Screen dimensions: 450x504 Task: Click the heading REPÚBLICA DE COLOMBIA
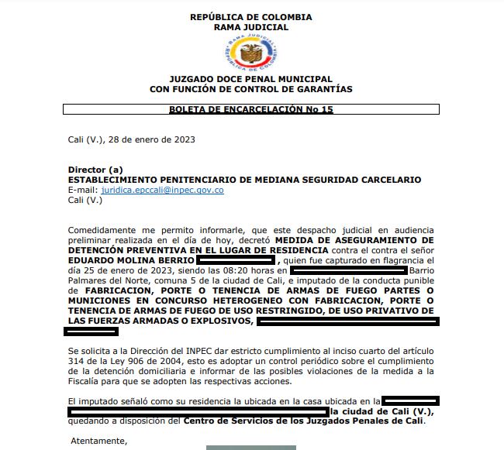(250, 17)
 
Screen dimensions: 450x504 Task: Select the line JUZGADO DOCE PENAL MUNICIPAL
(250, 79)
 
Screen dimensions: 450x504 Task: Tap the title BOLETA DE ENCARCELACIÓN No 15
(250, 111)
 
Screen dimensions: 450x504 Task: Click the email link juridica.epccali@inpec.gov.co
(162, 190)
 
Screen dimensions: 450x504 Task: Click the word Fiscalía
(88, 381)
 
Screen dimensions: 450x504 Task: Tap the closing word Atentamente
(99, 441)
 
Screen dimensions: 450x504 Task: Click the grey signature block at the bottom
(250, 447)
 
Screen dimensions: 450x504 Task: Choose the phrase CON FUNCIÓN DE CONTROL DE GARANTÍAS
(250, 89)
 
